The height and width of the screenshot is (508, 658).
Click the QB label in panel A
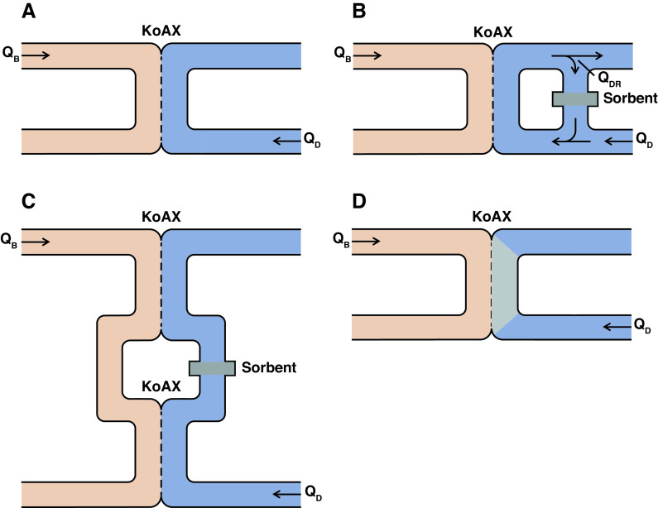click(x=12, y=57)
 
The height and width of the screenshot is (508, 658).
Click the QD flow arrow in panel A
click(x=285, y=141)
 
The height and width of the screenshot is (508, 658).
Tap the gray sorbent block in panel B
click(x=574, y=98)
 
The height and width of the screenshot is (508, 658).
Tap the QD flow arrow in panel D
click(x=615, y=328)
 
